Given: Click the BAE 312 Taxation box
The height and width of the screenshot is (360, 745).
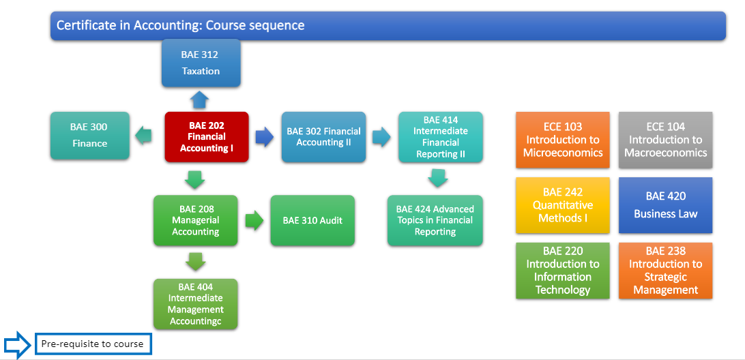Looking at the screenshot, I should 201,63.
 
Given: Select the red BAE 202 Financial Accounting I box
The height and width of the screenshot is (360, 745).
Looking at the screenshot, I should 207,137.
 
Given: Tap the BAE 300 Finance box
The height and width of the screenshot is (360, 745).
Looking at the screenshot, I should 89,136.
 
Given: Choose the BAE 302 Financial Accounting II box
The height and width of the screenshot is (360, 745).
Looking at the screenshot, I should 323,137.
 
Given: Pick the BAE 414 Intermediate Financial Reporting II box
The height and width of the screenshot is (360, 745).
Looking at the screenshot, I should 440,137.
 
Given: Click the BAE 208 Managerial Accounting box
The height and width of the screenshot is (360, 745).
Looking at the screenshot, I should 195,220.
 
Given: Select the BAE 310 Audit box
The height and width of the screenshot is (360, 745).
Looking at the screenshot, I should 312,220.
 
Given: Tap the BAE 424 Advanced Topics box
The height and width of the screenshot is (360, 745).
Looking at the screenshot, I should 435,220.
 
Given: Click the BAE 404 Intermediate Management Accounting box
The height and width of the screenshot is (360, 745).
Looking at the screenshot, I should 195,303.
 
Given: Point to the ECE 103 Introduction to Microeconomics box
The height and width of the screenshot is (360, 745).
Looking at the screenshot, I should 563,140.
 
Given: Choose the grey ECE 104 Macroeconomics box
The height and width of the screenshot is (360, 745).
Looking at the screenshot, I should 665,140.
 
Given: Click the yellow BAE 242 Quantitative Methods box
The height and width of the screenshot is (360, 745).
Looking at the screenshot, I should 563,205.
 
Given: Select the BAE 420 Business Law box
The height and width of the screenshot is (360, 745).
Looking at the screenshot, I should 665,205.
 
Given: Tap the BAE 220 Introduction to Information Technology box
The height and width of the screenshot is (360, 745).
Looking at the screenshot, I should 563,271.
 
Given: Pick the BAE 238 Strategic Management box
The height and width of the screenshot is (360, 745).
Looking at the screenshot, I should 665,271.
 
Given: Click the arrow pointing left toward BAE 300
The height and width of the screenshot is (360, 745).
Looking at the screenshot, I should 143,136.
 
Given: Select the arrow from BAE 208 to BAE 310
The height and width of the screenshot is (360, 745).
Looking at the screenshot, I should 254,220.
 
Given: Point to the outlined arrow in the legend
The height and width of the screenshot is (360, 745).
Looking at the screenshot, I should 17,344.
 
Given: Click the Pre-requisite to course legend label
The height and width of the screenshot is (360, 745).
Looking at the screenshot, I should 92,344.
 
